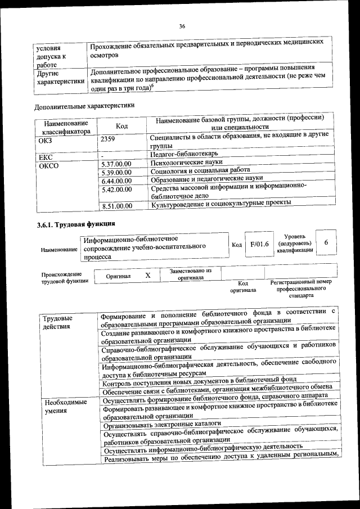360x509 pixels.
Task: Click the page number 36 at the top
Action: pyautogui.click(x=182, y=26)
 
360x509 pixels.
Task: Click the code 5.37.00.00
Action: pyautogui.click(x=116, y=164)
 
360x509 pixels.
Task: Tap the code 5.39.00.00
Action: pyautogui.click(x=116, y=172)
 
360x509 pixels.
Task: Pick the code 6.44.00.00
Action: pyautogui.click(x=116, y=181)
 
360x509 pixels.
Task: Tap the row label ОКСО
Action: pyautogui.click(x=47, y=166)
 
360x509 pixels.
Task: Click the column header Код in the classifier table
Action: pyautogui.click(x=123, y=127)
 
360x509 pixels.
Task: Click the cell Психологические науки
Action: pyautogui.click(x=187, y=163)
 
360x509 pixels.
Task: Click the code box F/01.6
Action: pyautogui.click(x=260, y=244)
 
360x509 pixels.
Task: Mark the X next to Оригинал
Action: pyautogui.click(x=148, y=276)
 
